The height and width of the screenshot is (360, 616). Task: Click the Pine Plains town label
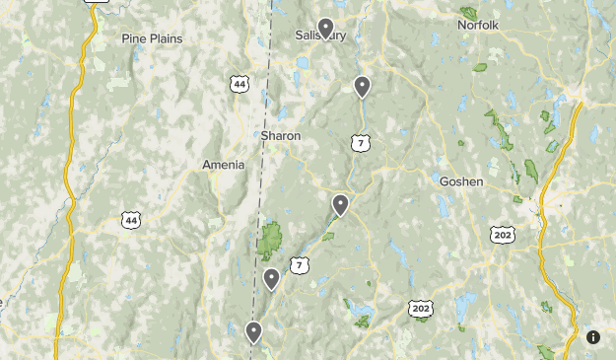(x=153, y=38)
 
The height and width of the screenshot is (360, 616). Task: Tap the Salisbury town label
(x=321, y=36)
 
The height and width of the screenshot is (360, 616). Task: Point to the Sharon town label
(x=281, y=135)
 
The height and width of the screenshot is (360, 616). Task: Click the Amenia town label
(x=223, y=165)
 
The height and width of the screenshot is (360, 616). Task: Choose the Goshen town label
(x=460, y=181)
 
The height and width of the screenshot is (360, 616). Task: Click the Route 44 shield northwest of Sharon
(x=240, y=85)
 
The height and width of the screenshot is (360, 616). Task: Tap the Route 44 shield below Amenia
(x=131, y=221)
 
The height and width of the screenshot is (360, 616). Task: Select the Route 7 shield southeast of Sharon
(x=361, y=144)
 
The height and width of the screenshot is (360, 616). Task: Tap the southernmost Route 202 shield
(x=421, y=309)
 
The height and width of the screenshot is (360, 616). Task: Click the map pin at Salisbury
(x=325, y=28)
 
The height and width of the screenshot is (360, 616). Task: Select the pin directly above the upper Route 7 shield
(x=362, y=87)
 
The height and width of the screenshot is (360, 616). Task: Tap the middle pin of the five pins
(x=340, y=204)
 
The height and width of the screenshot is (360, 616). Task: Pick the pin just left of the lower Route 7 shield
(x=271, y=279)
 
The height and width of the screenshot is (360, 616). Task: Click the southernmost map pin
(x=253, y=331)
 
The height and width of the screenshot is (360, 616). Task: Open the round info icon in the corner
(x=593, y=337)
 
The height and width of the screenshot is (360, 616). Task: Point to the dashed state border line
(x=263, y=178)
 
